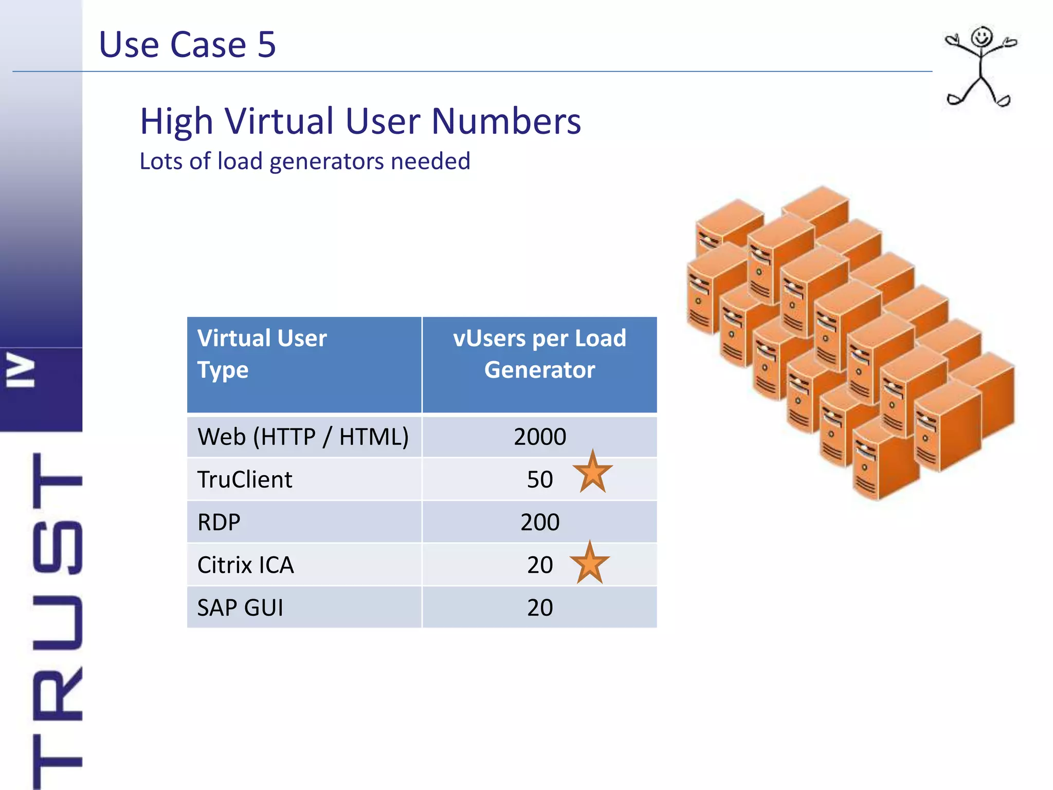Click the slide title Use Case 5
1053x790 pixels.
(x=187, y=44)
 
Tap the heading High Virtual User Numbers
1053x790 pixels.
(x=360, y=121)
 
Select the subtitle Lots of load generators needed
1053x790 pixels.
(x=305, y=161)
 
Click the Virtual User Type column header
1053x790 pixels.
(x=262, y=354)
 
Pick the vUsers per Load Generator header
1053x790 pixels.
(x=539, y=354)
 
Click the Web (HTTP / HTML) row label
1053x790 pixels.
(x=303, y=437)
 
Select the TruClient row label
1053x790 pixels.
(x=245, y=479)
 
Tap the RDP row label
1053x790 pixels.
(x=219, y=522)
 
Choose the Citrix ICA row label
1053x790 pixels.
(x=246, y=565)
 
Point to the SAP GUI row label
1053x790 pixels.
(x=240, y=607)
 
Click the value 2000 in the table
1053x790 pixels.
(x=540, y=437)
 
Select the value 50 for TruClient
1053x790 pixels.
(x=540, y=479)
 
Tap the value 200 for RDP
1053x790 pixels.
(x=540, y=522)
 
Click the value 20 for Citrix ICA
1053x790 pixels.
(x=540, y=565)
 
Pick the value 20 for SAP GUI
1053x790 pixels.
(x=540, y=607)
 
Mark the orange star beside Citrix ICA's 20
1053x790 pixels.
(x=589, y=563)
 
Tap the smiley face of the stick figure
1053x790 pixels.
(x=982, y=38)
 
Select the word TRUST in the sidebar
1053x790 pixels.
(x=57, y=617)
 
